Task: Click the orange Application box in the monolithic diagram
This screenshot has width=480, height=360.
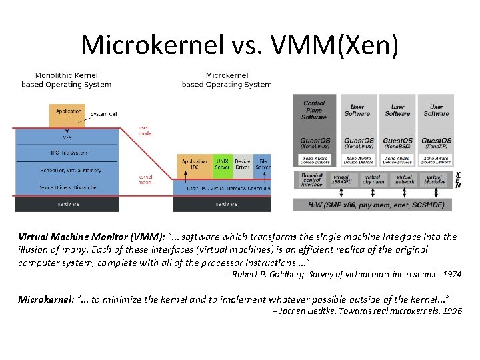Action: [67, 115]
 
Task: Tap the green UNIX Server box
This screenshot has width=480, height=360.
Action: [222, 164]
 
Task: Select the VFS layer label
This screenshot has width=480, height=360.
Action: [67, 138]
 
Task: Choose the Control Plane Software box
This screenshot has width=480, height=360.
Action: [314, 111]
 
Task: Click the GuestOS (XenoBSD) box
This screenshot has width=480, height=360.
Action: [397, 143]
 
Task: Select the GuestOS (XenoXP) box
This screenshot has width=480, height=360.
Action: [436, 143]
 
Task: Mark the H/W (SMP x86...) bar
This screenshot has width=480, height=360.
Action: [373, 203]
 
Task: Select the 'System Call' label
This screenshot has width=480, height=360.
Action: [103, 114]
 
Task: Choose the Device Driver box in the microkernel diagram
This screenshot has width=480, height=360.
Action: [243, 164]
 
